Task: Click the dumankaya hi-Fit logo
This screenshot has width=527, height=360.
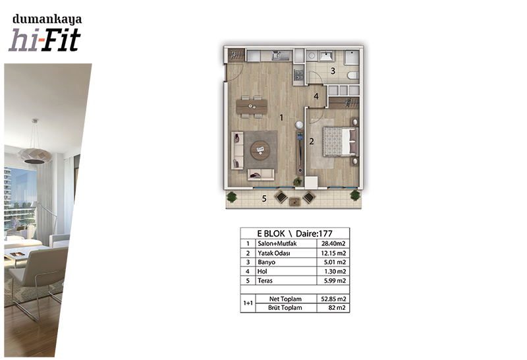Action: click(45, 32)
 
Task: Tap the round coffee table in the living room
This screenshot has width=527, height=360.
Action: click(260, 150)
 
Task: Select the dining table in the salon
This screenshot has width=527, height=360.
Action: click(252, 106)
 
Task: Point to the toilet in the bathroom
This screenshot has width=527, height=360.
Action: click(353, 76)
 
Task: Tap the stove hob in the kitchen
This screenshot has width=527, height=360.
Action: click(298, 75)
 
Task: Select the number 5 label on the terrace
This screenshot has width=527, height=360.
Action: click(264, 199)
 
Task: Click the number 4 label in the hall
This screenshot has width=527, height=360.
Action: click(316, 96)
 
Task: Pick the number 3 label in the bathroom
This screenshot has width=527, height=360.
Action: click(333, 71)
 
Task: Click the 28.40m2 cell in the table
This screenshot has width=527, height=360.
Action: click(333, 243)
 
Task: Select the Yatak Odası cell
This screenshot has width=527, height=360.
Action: click(274, 253)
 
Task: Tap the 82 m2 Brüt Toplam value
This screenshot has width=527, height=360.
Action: click(337, 308)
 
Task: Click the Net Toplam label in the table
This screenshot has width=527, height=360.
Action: click(285, 299)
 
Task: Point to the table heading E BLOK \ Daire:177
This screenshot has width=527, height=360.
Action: click(294, 233)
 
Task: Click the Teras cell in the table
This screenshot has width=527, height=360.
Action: click(265, 281)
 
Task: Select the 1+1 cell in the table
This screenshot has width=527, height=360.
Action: click(248, 303)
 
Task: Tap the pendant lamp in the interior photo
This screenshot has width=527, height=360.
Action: click(35, 152)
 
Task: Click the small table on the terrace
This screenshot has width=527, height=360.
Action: click(294, 201)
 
